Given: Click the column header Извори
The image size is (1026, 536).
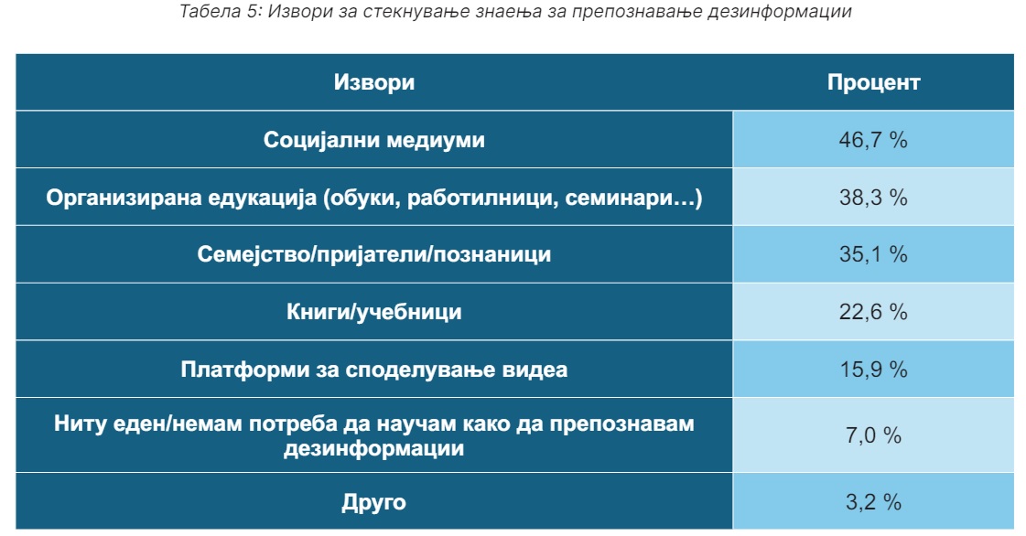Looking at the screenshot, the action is click(x=373, y=82).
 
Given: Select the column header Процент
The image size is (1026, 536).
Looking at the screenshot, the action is click(x=873, y=82).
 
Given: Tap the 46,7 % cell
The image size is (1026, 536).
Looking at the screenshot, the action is click(x=873, y=140).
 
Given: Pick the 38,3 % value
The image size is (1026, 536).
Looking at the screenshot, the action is click(x=873, y=198).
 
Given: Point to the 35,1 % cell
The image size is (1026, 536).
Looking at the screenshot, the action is click(x=873, y=254).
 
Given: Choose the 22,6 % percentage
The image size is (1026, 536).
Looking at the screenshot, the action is click(x=873, y=312).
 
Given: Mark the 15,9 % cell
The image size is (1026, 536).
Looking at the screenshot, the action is click(x=873, y=370).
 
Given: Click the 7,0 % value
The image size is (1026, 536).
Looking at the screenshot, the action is click(x=873, y=435).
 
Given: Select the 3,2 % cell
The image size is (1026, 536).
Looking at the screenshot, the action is click(x=873, y=502).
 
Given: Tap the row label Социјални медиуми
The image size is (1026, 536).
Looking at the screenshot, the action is click(x=373, y=141).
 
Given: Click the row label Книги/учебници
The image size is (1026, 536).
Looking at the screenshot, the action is click(x=373, y=313).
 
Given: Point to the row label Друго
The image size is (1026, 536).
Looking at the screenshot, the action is click(x=373, y=503).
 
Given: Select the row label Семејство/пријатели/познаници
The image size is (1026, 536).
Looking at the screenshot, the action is click(x=373, y=255).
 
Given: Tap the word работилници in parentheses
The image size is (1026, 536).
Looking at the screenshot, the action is click(x=482, y=198).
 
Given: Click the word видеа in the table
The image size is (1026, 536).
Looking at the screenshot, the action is click(x=535, y=370).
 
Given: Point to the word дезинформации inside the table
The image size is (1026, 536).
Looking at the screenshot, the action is click(x=373, y=449).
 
